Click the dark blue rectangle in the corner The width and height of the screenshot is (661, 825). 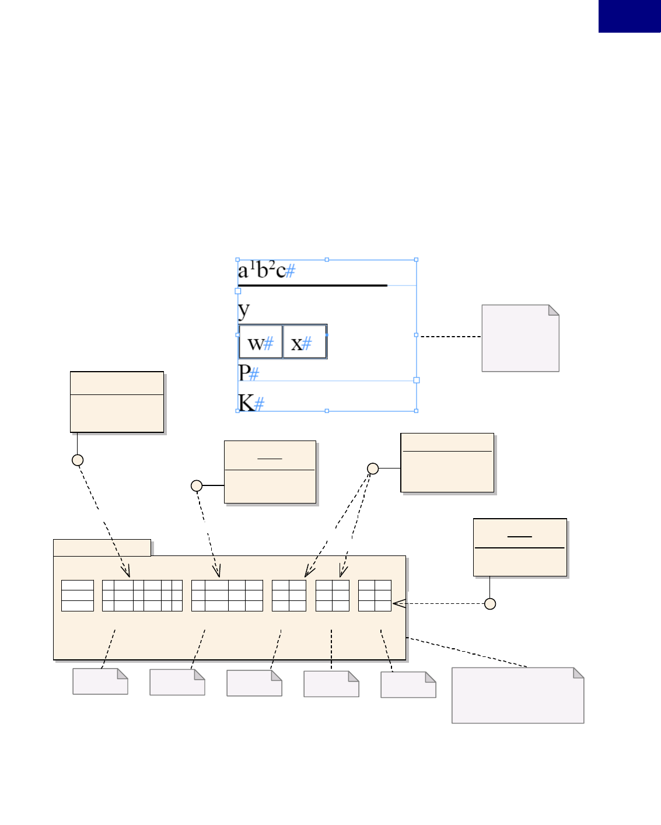[629, 16]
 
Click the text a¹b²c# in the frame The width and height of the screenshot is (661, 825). [266, 271]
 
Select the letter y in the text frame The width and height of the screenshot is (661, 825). [244, 310]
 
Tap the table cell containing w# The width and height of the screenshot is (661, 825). [260, 342]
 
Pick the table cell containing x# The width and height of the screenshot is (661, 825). [304, 342]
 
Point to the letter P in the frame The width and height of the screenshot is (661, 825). [244, 372]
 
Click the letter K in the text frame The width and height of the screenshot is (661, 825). [246, 403]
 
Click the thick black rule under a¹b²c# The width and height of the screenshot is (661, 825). [312, 285]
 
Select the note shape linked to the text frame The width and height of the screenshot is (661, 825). [520, 338]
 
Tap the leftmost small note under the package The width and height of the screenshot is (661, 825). [100, 681]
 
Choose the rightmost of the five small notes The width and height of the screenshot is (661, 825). [408, 685]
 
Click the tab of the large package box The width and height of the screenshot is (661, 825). [102, 548]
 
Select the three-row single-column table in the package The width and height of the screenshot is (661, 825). [78, 596]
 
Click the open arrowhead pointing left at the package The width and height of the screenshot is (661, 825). [399, 604]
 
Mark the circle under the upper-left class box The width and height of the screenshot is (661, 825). [78, 460]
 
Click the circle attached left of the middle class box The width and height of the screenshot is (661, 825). [197, 485]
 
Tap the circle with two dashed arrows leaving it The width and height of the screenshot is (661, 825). [373, 469]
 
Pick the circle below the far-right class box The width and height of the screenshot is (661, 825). [490, 604]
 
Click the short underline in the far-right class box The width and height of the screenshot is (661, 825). [519, 536]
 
